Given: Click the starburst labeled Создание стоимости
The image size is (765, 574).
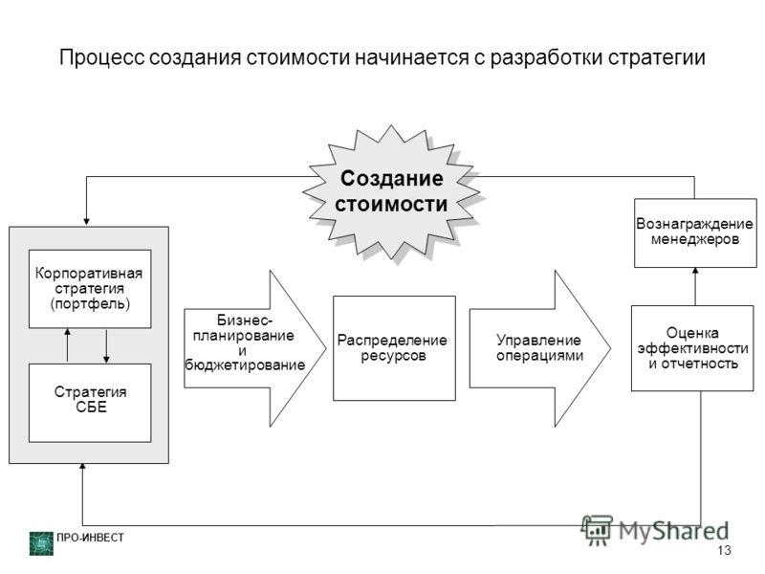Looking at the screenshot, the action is pos(391,192).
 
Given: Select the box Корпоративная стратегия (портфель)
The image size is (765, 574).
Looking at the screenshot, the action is pos(90,289).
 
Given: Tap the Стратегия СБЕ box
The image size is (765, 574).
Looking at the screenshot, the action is pos(90,403).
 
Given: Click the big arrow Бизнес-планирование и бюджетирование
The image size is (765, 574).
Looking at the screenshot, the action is pos(254,348).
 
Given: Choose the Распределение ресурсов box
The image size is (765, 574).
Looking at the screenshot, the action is pos(394,348).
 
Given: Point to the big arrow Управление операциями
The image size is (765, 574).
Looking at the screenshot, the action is pos(540,348).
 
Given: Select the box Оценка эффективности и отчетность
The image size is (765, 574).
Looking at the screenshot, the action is pos(692,348).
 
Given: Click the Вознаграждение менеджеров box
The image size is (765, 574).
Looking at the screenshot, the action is pos(695,232).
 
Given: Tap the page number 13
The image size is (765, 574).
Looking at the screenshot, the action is pos(724,550).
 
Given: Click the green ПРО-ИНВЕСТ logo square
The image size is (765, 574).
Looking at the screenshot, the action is pos(41,543).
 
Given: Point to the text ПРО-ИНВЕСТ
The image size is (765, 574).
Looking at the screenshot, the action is pos(90,538).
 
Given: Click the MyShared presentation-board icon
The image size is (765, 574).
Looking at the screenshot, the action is pos(597,530).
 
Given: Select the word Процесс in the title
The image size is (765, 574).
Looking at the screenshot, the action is pos(102,57).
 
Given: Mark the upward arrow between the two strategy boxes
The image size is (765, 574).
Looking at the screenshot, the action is pos(67,345).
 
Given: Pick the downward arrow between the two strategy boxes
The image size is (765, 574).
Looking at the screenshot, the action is pos(106,346).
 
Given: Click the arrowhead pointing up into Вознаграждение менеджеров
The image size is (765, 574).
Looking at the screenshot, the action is pos(695,271).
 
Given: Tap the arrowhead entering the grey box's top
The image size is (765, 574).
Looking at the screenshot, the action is pos(86,222).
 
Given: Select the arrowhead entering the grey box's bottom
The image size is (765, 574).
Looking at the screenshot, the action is pos(82,467).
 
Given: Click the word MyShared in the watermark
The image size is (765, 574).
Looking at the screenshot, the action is pos(674,531).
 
